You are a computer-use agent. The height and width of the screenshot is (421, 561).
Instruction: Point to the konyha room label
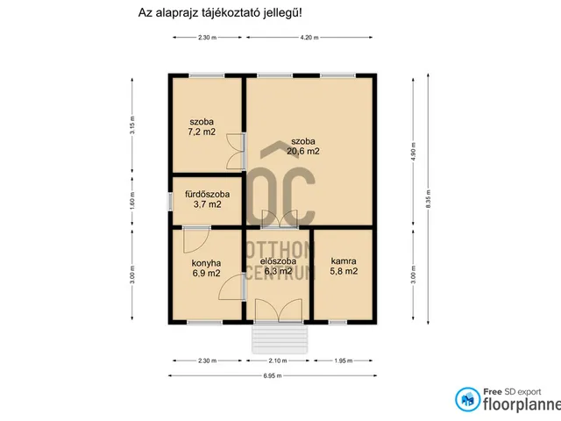tap(206, 262)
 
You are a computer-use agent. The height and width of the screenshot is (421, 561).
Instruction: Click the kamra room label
tap(344, 260)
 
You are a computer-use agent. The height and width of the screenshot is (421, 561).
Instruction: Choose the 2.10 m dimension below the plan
tap(279, 360)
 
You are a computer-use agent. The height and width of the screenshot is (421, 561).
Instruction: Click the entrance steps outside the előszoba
tap(277, 339)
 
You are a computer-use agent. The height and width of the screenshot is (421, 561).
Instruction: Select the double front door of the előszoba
tap(277, 310)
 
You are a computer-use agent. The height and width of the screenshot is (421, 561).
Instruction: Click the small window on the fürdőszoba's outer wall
tap(169, 201)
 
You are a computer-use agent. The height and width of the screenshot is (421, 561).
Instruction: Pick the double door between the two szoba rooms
tap(236, 152)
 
